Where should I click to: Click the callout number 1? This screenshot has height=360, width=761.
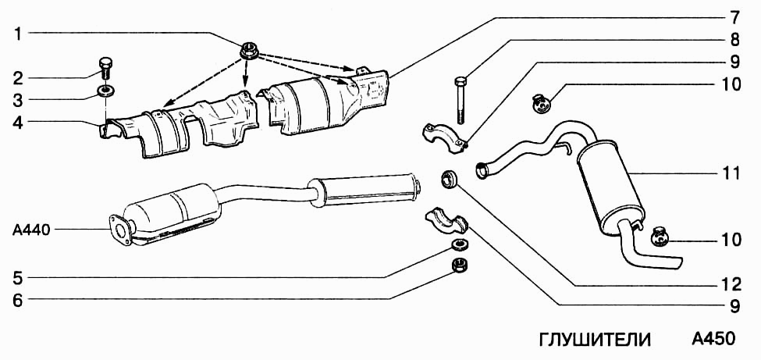click(17, 34)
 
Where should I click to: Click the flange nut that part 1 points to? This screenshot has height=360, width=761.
click(250, 51)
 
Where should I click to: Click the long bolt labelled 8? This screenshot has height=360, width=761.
click(461, 101)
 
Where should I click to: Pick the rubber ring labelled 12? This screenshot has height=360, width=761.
click(449, 179)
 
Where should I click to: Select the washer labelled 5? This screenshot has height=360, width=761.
click(458, 244)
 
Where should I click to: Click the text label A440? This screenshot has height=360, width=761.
click(31, 230)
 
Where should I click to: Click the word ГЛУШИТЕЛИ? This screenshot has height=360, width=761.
click(595, 339)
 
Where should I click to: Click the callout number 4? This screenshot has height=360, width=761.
click(17, 122)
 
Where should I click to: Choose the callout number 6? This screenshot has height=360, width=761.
click(17, 301)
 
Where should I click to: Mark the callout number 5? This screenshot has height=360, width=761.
click(17, 278)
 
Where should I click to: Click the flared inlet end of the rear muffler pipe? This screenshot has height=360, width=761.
click(482, 170)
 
